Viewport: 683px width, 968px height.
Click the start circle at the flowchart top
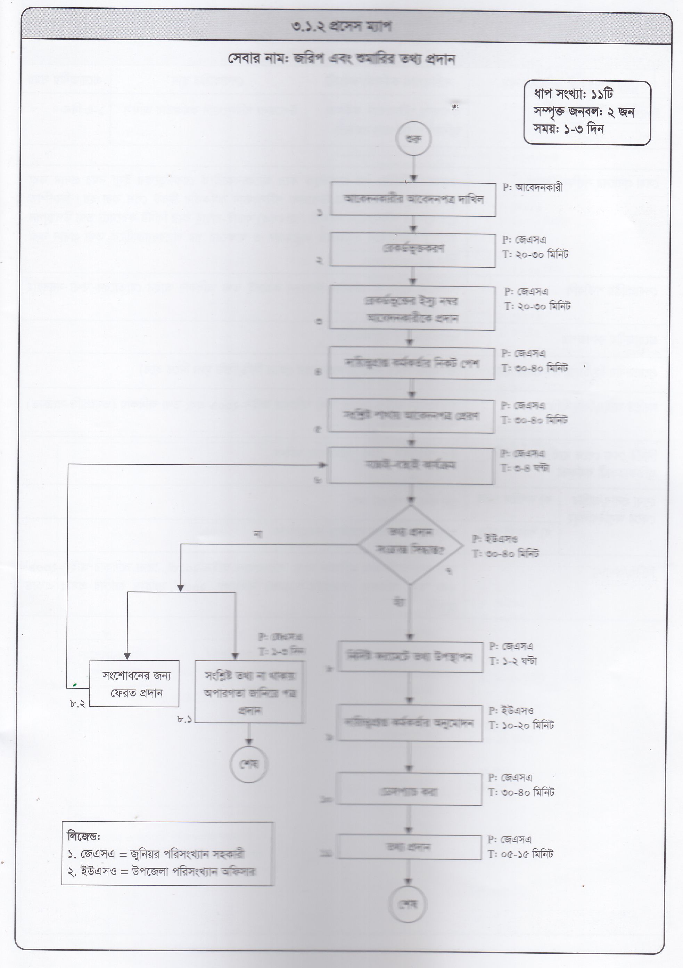(413, 139)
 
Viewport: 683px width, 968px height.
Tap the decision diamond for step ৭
(410, 545)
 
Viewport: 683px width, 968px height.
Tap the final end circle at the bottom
(408, 905)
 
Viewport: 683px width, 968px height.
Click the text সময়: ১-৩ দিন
(569, 129)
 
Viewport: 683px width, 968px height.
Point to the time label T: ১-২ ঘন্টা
(513, 661)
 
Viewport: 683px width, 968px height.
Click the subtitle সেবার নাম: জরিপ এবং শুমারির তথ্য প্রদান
(341, 59)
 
